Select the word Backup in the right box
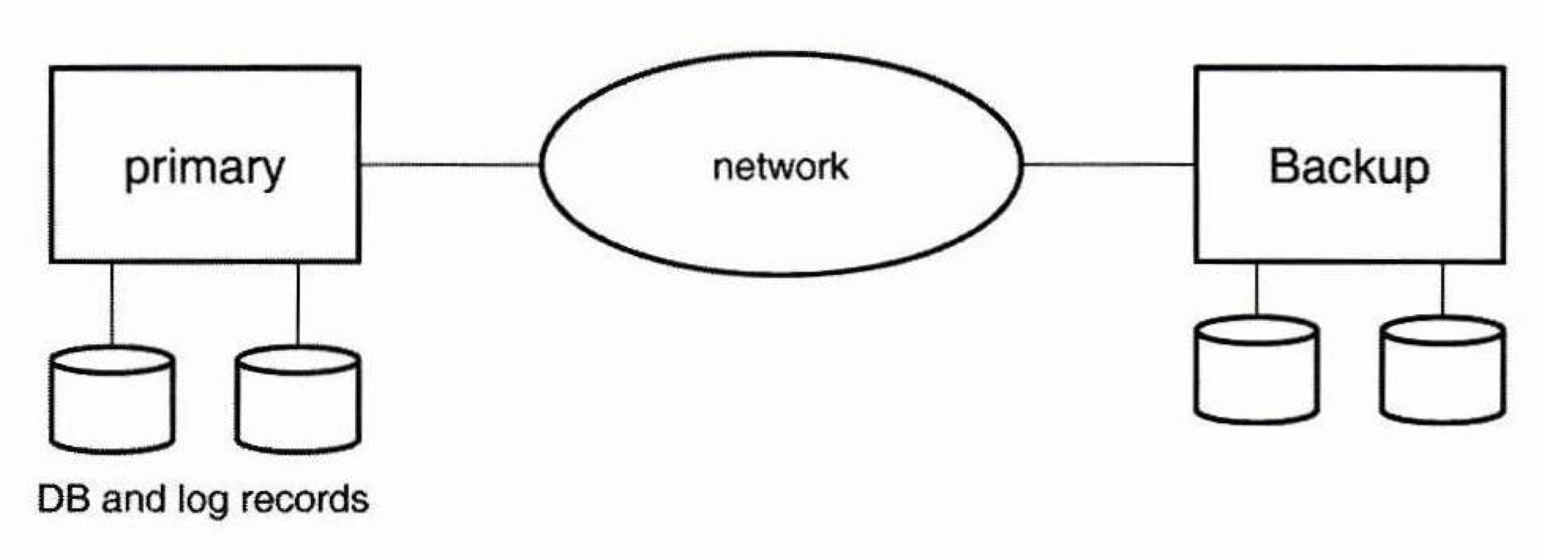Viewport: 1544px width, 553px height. (x=1349, y=168)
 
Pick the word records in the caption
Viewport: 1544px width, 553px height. (x=304, y=498)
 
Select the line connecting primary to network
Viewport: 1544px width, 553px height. (x=450, y=164)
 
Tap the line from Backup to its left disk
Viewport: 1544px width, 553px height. (x=1257, y=289)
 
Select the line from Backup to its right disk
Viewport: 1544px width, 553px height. (x=1442, y=289)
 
